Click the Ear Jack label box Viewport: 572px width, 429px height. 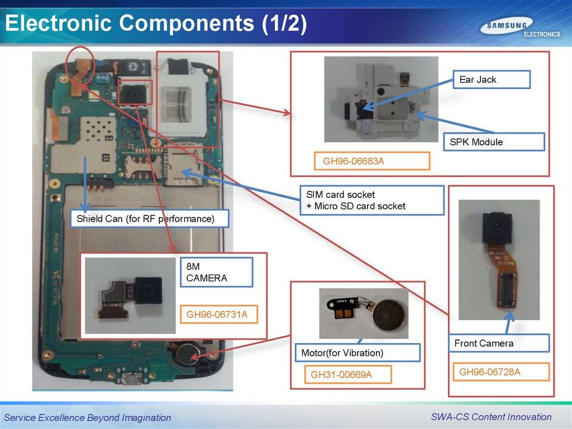(x=491, y=79)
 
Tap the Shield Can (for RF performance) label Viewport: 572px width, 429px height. (x=150, y=218)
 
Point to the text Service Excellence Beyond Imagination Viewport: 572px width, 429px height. (x=88, y=417)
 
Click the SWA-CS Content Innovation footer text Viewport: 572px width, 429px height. (x=491, y=417)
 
